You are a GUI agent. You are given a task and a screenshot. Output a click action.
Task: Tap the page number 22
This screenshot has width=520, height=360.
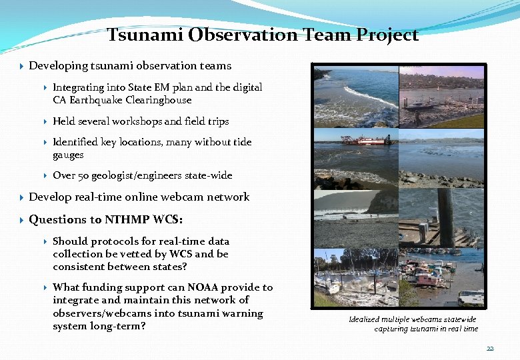click(490, 349)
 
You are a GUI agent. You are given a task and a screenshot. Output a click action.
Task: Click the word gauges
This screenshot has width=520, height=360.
click(68, 155)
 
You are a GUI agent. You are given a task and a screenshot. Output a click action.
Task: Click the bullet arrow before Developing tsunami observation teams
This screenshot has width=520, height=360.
click(22, 66)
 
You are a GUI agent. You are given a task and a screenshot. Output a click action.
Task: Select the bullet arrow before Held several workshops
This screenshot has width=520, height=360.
click(45, 121)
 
